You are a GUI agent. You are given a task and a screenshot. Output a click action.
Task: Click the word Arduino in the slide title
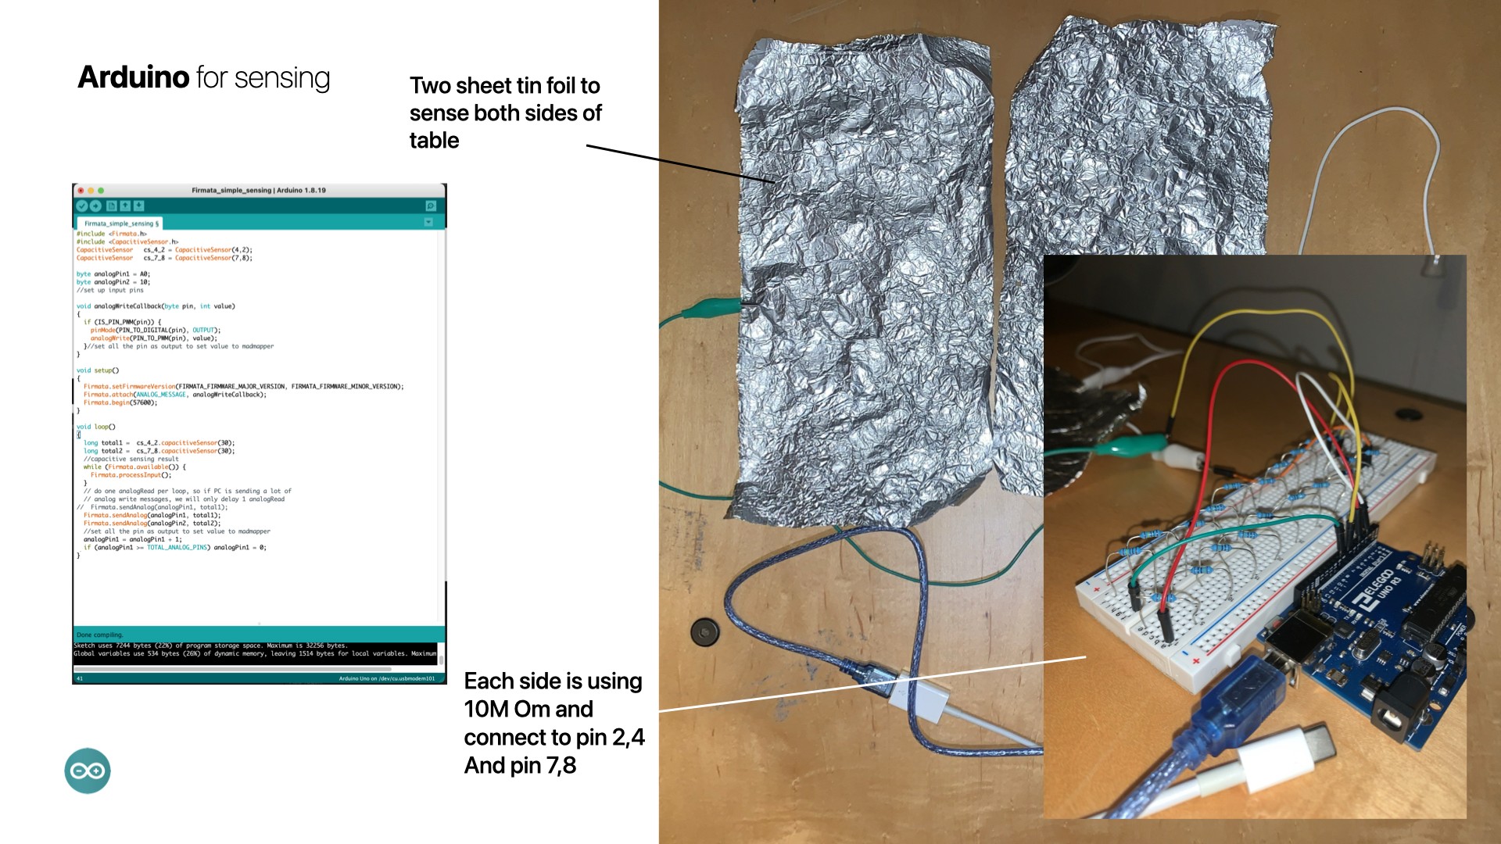click(x=134, y=77)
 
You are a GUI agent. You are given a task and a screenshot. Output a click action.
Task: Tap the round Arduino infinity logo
click(x=88, y=771)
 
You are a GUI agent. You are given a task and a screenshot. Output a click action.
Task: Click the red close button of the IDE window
click(x=81, y=190)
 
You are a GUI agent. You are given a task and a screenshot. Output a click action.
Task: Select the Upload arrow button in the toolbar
click(x=95, y=206)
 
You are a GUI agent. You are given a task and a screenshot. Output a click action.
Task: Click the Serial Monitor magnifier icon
click(x=430, y=206)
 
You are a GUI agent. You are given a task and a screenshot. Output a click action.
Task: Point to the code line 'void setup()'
click(x=98, y=370)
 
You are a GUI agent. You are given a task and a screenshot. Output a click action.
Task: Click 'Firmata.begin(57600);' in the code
click(x=120, y=402)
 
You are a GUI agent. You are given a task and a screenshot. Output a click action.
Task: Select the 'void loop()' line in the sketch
click(x=95, y=427)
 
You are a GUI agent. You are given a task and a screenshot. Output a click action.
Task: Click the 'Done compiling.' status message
click(x=100, y=635)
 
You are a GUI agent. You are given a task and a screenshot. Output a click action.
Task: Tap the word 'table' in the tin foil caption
click(x=434, y=141)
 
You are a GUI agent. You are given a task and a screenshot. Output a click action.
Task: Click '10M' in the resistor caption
click(x=485, y=710)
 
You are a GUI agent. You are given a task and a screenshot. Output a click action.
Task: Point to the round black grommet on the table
click(x=704, y=631)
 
